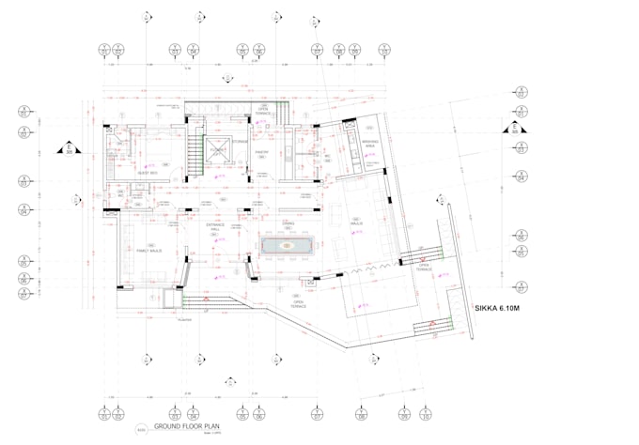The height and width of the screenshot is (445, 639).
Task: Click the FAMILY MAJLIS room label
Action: point(149,252)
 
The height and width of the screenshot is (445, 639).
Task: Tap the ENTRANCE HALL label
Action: point(214,228)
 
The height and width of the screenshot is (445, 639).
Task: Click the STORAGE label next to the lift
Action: point(242,142)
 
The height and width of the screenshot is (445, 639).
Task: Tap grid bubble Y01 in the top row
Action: point(105,49)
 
